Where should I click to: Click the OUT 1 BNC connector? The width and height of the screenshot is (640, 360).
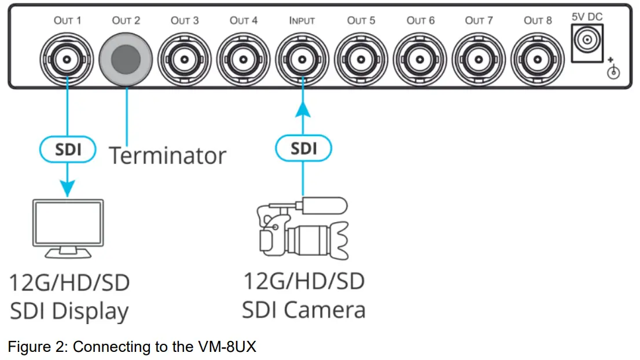[67, 58]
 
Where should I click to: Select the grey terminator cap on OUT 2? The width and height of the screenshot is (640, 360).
[126, 58]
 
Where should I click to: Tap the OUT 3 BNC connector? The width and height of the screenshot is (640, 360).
[185, 58]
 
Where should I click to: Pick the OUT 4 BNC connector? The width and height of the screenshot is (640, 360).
[244, 58]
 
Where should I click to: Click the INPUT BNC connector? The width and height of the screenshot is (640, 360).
[302, 58]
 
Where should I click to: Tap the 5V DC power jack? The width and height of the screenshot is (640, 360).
[587, 42]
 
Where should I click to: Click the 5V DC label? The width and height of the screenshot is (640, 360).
[587, 17]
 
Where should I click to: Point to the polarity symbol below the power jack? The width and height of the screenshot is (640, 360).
[613, 71]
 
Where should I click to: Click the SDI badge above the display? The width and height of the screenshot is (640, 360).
[68, 150]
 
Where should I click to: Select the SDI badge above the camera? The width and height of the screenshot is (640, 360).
[303, 149]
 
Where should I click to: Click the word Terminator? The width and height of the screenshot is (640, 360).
[167, 155]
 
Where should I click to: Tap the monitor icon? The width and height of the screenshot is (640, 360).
[68, 228]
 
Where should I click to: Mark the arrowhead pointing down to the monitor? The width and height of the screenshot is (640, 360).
[68, 188]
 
